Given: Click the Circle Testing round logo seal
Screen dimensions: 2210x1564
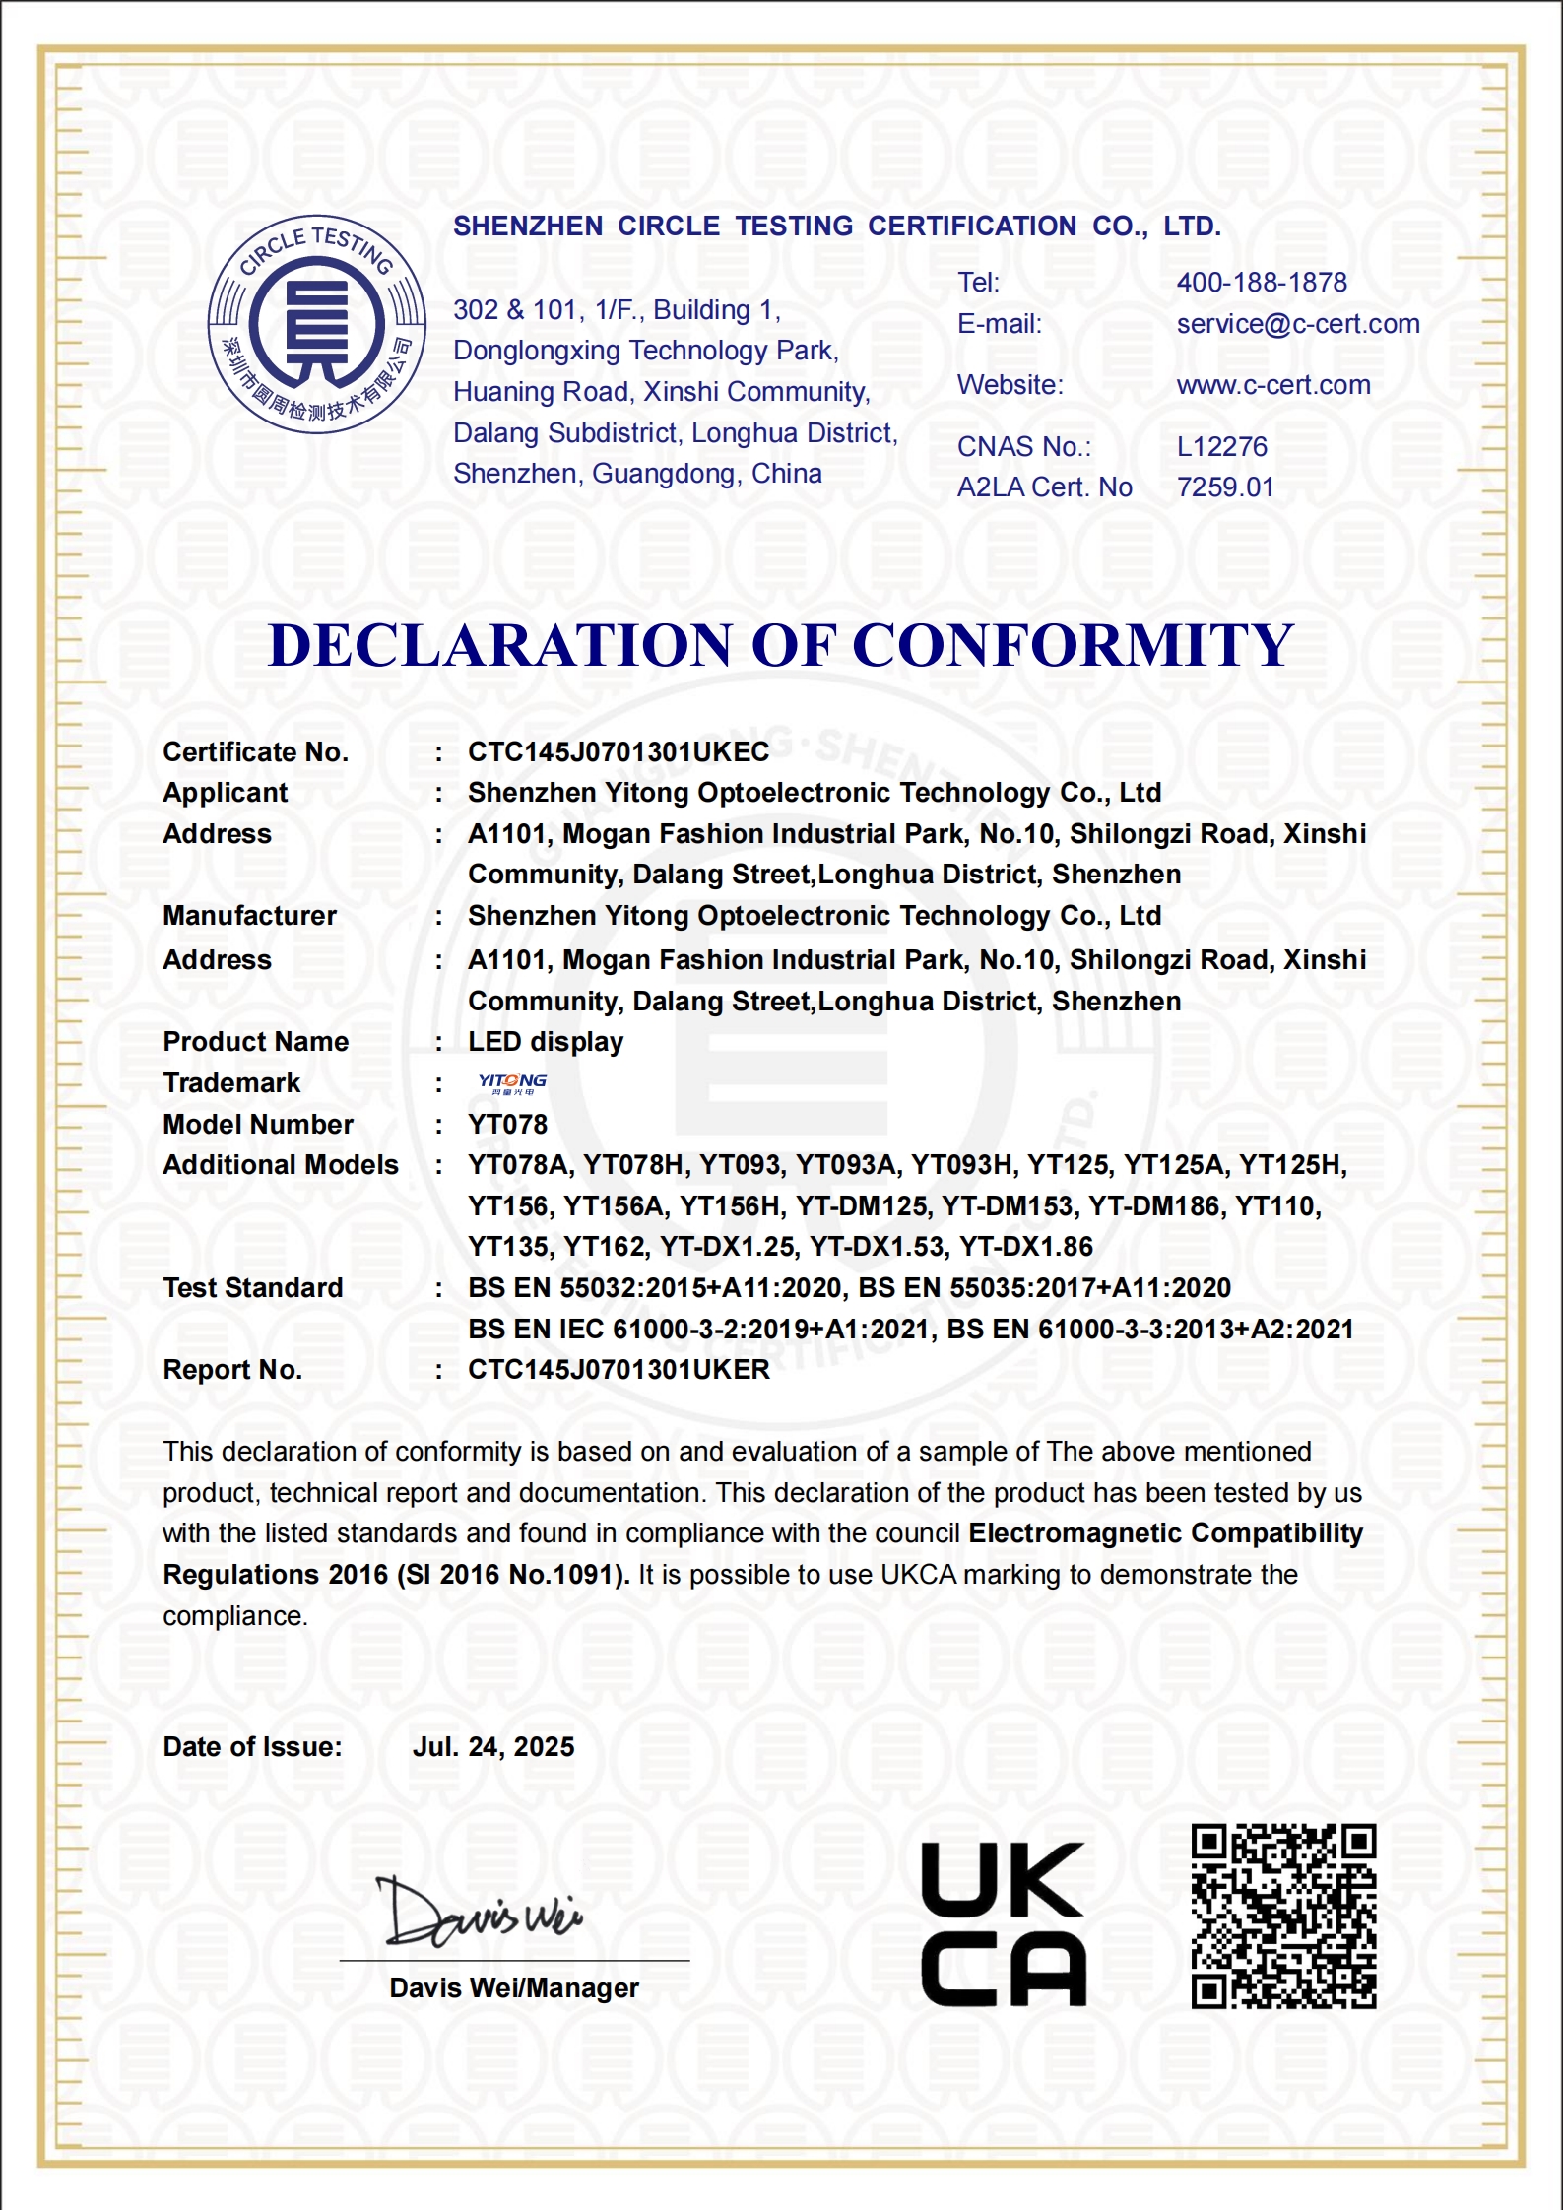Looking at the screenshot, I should [316, 324].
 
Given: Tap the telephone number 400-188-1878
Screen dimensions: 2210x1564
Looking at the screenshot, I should [1261, 283].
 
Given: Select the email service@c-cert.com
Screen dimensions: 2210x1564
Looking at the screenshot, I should [1297, 324].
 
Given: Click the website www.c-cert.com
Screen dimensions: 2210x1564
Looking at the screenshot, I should [1272, 385].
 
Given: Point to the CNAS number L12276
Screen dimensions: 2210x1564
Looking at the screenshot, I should [1221, 447].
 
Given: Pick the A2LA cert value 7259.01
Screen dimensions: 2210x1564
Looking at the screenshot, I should [1224, 487].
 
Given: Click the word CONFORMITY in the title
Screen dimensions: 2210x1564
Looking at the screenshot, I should [1073, 645].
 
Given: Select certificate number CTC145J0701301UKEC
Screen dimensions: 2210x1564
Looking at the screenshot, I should [618, 752].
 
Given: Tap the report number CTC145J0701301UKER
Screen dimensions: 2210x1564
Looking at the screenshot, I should [618, 1370].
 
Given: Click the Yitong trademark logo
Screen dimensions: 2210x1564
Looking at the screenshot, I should [512, 1083].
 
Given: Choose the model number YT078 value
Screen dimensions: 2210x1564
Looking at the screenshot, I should [507, 1125].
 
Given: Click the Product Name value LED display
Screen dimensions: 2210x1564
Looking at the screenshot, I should [545, 1042].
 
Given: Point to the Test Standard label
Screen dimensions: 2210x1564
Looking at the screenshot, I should [252, 1288].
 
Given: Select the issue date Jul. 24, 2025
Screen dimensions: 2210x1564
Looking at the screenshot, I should [492, 1747].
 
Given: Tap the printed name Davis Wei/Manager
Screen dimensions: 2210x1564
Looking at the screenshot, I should [513, 1987].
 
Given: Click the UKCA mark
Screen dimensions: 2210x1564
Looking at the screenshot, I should [1003, 1924].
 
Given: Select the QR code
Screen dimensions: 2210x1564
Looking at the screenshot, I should [1282, 1917].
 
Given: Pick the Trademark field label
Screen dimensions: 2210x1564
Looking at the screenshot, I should [230, 1083].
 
